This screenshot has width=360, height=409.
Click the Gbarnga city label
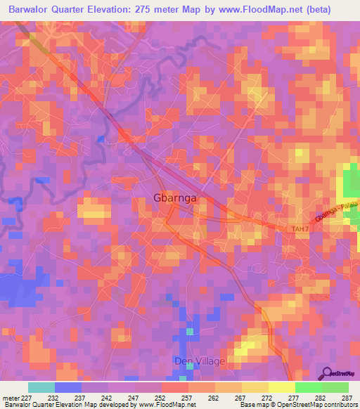tap(175, 198)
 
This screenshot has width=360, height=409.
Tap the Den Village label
tap(200, 361)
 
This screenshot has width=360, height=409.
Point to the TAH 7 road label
tap(300, 229)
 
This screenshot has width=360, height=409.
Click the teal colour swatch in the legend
tap(41, 387)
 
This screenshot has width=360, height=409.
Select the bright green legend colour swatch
tap(308, 387)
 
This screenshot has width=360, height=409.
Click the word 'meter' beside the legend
tap(11, 398)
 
